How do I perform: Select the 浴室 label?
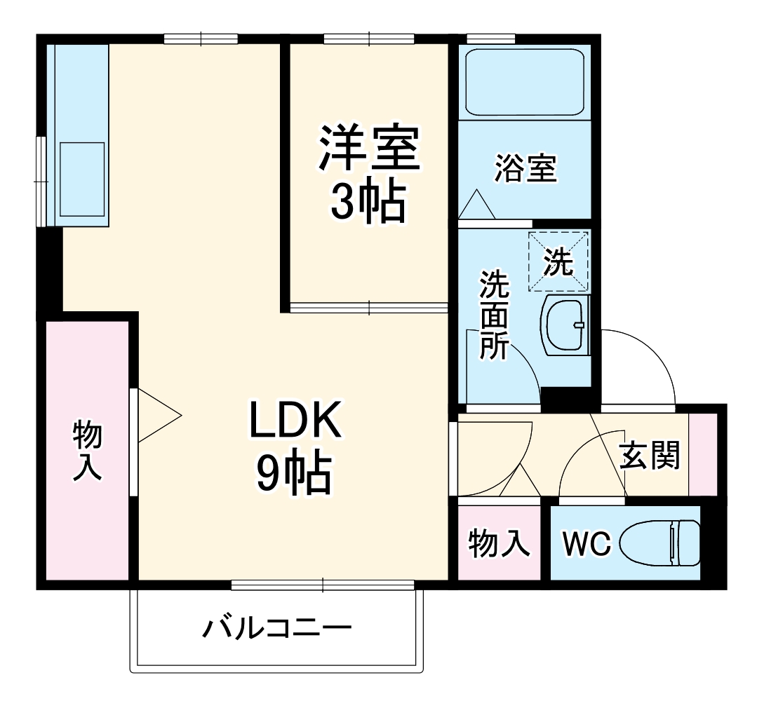525,170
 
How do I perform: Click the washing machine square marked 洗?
559,261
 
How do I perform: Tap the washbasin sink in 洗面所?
565,325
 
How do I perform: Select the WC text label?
587,543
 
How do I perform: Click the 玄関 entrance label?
650,457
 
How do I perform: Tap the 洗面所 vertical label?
495,315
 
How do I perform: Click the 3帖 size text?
368,203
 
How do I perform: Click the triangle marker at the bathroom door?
478,205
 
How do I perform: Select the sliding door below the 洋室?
369,307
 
